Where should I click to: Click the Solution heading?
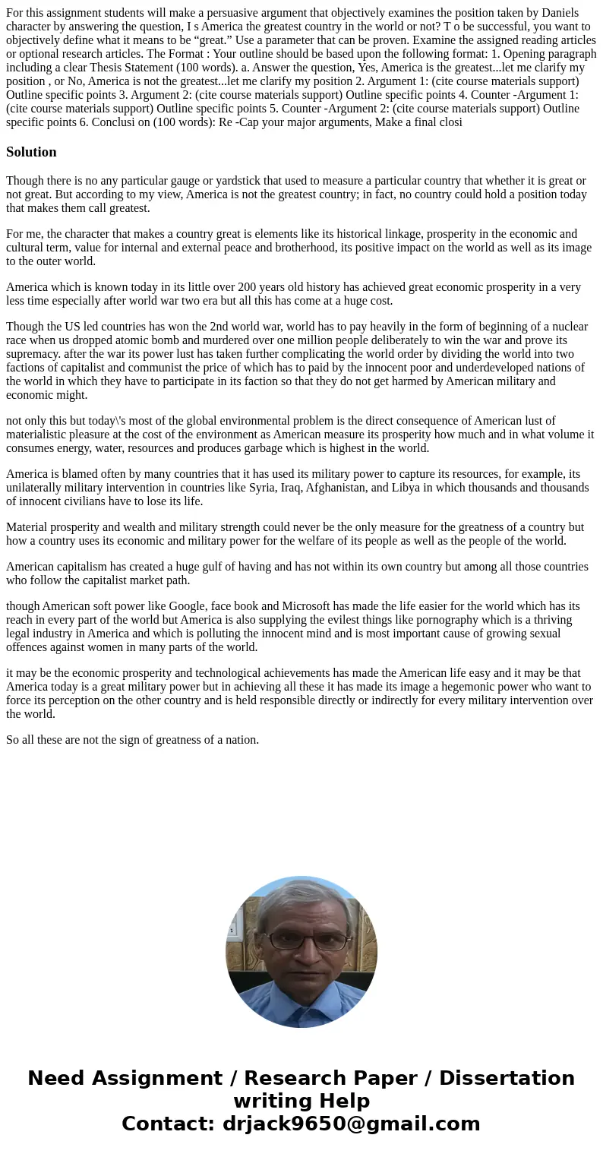pyautogui.click(x=31, y=152)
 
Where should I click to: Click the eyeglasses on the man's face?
pyautogui.click(x=301, y=940)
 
